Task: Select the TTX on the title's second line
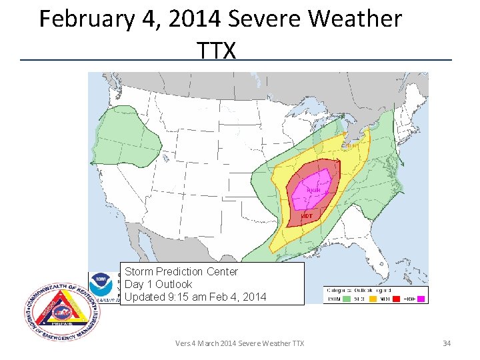point(217,49)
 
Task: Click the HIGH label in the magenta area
point(313,190)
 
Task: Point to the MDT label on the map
point(307,216)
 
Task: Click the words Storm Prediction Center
point(181,272)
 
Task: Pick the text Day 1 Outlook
point(158,285)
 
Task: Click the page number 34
point(447,343)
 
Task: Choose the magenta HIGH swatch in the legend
point(412,299)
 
